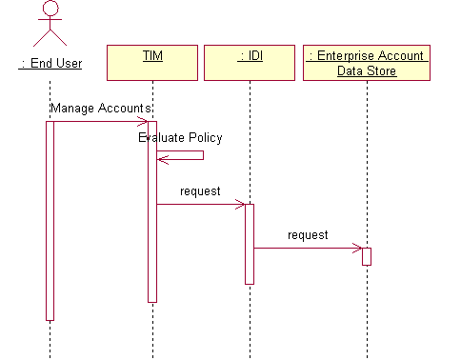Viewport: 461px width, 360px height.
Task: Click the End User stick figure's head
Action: point(50,8)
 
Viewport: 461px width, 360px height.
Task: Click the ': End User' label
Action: point(50,64)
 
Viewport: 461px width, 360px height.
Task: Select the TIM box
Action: point(152,63)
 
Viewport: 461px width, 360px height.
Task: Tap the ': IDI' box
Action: point(250,63)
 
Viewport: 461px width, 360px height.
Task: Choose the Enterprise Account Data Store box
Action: point(367,63)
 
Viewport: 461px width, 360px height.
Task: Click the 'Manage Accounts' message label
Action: point(100,109)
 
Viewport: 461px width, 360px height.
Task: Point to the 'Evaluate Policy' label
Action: point(180,137)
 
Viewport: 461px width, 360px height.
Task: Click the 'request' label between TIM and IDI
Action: point(200,190)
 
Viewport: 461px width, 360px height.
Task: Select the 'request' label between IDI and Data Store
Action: point(308,234)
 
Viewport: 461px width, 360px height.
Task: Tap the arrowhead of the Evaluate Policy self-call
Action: point(161,157)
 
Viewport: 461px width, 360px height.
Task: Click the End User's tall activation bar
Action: point(50,219)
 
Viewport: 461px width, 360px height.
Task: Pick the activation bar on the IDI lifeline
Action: point(250,244)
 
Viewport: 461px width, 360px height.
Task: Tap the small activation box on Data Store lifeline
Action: point(367,256)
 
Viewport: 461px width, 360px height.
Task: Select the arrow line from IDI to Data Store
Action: point(305,249)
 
